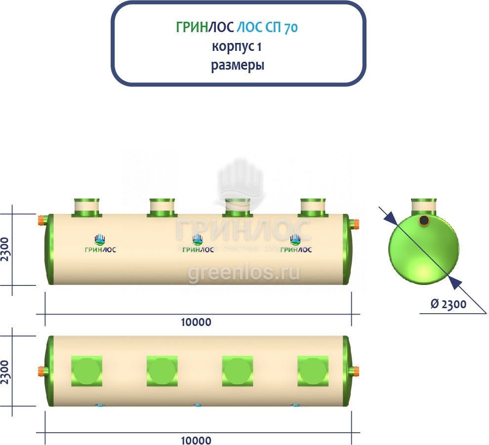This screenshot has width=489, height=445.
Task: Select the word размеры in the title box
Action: [x=238, y=66]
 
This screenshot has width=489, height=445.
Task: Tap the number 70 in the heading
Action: [x=290, y=28]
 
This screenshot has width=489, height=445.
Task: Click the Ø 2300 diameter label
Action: [x=448, y=304]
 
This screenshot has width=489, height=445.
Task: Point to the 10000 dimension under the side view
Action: [x=196, y=323]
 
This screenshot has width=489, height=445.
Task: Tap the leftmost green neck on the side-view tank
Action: [x=86, y=207]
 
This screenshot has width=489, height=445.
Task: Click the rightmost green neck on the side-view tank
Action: [x=313, y=207]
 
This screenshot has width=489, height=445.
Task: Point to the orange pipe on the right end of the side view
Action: [x=355, y=225]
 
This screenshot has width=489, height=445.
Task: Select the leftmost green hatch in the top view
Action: [x=86, y=371]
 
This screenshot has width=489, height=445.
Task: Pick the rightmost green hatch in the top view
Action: [x=313, y=371]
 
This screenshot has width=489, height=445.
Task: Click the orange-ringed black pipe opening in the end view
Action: [x=423, y=220]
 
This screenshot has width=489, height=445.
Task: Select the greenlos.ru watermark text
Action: [x=244, y=273]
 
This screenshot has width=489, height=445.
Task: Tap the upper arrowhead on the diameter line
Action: [x=389, y=217]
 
